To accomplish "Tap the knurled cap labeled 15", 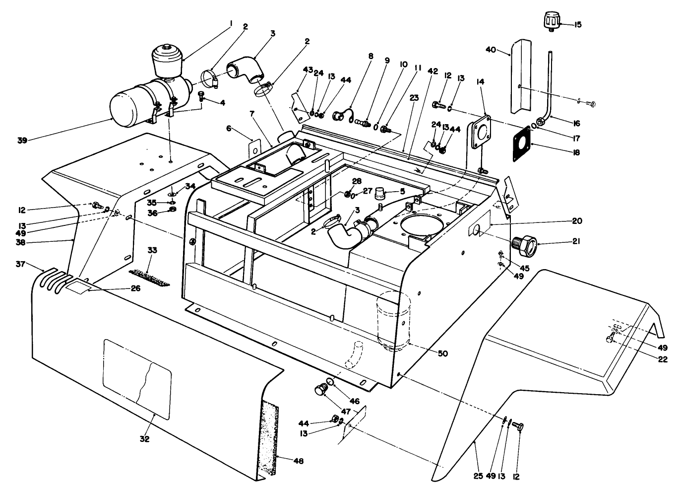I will (x=550, y=22).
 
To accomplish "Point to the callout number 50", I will (x=442, y=354).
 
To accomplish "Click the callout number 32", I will (x=144, y=439).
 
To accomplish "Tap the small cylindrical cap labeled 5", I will (x=381, y=191).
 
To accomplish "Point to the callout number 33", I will (x=152, y=250).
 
